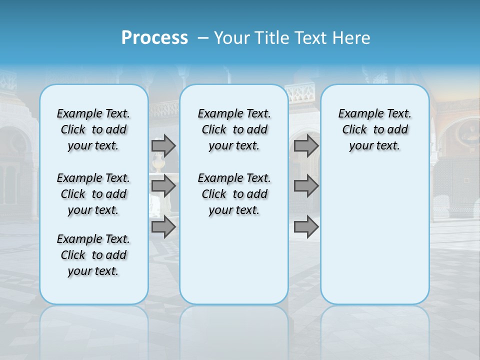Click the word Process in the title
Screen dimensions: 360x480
[x=154, y=38]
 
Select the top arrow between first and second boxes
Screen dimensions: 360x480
[x=163, y=145]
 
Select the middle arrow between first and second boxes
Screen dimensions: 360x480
[x=163, y=186]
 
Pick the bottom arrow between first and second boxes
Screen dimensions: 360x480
[x=163, y=227]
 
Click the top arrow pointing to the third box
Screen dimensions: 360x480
[x=306, y=145]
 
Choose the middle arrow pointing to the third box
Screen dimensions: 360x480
[x=306, y=186]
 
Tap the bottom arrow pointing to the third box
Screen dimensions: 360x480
[x=306, y=227]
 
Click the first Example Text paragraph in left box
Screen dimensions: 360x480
[x=93, y=129]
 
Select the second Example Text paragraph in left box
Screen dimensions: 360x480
[x=93, y=194]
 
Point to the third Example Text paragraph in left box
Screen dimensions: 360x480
[x=93, y=255]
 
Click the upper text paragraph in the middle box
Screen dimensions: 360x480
[x=234, y=129]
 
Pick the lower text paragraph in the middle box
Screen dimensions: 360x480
[x=234, y=194]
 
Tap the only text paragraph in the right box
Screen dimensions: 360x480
[x=374, y=129]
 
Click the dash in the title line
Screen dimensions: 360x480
[x=203, y=38]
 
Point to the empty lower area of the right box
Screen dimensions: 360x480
[x=374, y=240]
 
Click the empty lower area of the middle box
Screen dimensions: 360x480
[x=234, y=260]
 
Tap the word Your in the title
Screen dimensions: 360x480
[x=231, y=38]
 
